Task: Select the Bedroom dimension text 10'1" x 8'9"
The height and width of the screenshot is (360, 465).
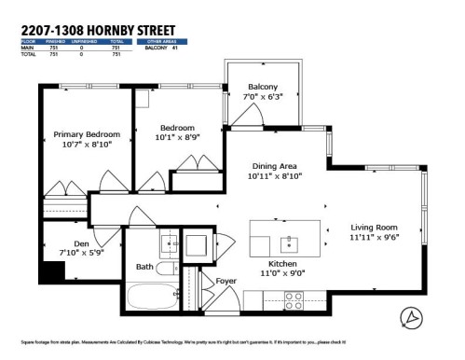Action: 176,138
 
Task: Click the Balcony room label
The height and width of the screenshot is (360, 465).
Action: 262,86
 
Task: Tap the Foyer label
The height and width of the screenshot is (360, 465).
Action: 226,279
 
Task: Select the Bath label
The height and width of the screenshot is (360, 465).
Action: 144,267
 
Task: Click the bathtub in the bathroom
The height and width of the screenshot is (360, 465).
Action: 149,298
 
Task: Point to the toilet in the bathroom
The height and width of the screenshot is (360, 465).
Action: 169,270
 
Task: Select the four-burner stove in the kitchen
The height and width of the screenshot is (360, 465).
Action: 294,299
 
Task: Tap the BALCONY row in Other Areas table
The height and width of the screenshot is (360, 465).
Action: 163,47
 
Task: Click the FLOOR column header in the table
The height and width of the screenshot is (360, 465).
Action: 28,41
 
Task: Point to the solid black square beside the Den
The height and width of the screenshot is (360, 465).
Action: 53,272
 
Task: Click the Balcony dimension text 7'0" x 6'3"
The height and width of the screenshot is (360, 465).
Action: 262,96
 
